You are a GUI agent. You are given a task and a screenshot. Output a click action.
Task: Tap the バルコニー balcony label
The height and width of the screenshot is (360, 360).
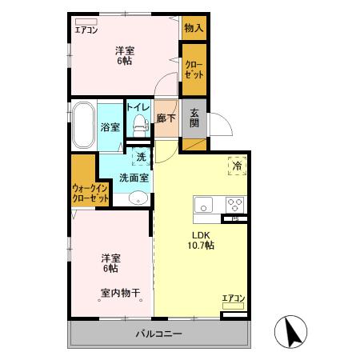[158, 333]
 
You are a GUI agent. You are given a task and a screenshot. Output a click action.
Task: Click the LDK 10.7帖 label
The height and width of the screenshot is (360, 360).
[200, 240]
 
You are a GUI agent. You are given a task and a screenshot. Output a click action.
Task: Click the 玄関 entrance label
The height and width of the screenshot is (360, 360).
[194, 124]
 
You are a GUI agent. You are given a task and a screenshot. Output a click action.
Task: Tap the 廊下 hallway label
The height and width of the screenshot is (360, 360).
[166, 118]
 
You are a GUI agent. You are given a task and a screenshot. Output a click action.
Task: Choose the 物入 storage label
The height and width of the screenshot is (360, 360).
[194, 28]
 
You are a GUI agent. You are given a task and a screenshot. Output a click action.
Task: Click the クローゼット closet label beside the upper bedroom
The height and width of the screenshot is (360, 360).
[194, 70]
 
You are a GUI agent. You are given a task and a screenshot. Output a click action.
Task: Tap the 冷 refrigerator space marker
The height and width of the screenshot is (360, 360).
[238, 167]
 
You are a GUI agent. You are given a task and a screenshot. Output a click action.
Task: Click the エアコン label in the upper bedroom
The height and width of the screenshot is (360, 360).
[86, 30]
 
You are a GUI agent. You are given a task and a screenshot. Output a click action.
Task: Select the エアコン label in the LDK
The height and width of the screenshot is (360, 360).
[233, 298]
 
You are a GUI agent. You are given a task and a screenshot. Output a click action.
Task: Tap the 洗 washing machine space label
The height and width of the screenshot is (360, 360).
[141, 158]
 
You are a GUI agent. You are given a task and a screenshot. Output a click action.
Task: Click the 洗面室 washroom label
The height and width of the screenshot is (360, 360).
[133, 178]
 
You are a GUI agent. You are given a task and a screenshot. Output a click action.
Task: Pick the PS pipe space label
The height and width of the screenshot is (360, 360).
[235, 218]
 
